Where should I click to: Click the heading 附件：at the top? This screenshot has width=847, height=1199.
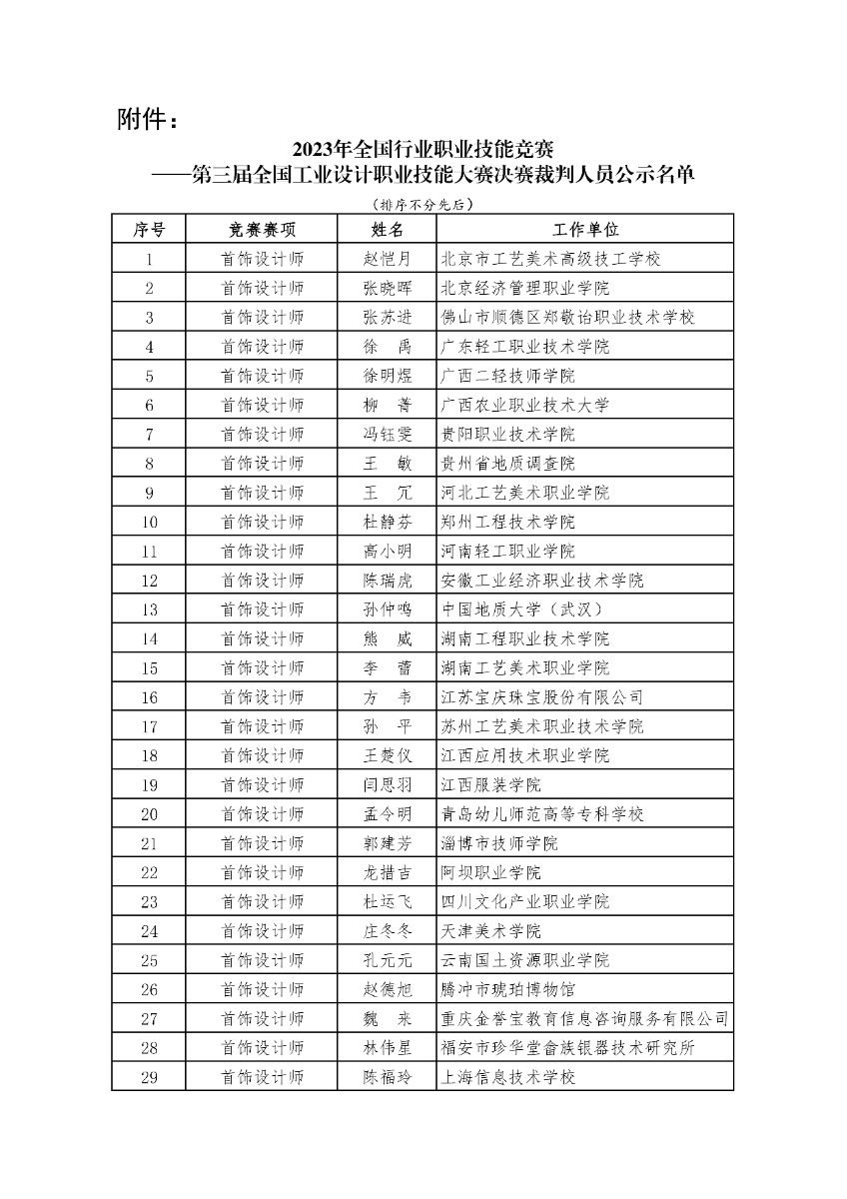tap(149, 122)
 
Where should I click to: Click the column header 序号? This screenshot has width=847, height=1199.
tap(149, 230)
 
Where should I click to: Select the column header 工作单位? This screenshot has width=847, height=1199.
tap(584, 230)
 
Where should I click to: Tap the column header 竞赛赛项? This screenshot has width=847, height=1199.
tap(262, 230)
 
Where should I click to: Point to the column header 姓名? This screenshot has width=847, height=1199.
tap(387, 230)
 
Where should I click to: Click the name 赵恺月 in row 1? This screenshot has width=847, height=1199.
tap(387, 259)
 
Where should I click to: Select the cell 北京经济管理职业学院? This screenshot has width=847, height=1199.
tap(525, 289)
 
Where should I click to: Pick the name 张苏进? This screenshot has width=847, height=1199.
tap(387, 318)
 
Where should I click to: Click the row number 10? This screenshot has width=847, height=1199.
tap(149, 523)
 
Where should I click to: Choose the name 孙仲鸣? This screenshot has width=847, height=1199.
tap(387, 609)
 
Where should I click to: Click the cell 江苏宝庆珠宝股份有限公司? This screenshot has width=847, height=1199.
tap(542, 697)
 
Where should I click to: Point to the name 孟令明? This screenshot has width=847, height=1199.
tap(387, 814)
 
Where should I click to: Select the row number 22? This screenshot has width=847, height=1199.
tap(149, 872)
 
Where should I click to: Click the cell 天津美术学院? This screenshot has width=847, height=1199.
tap(491, 931)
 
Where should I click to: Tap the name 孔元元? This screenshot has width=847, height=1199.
tap(387, 960)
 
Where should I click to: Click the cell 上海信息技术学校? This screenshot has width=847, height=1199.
tap(508, 1077)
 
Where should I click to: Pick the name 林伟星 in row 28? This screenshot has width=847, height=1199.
tap(387, 1048)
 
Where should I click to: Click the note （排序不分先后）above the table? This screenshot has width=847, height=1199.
tap(422, 205)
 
